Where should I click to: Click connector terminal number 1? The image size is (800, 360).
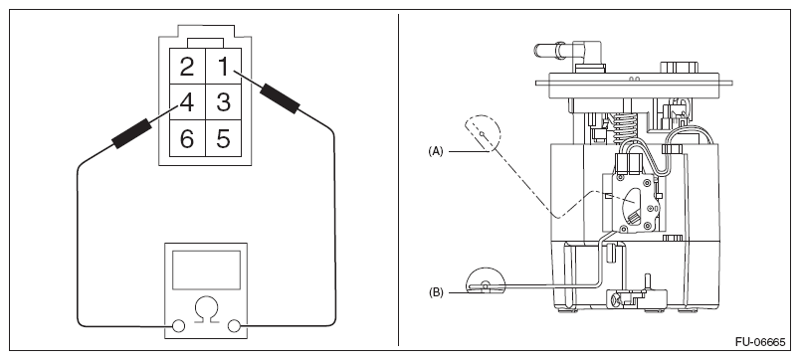click(223, 67)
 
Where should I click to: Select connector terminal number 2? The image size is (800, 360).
click(187, 67)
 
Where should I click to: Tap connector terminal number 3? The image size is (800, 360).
click(223, 102)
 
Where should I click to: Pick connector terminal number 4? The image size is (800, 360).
click(187, 102)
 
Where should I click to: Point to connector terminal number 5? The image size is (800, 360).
click(223, 138)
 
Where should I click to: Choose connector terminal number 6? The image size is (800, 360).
click(187, 138)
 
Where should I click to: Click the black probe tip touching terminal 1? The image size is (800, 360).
click(280, 98)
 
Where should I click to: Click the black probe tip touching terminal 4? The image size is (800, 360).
click(131, 133)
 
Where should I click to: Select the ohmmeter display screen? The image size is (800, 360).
click(206, 270)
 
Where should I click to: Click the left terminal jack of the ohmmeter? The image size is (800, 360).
click(178, 326)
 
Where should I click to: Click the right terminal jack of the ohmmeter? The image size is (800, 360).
click(234, 326)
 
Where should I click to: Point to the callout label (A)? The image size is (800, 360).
click(436, 151)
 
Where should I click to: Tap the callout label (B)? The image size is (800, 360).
click(436, 292)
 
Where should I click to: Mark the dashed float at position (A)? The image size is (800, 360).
click(483, 133)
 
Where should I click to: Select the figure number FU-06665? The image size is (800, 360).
click(760, 342)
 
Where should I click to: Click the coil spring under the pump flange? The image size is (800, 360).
click(625, 128)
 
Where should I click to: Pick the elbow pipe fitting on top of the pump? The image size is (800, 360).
click(566, 52)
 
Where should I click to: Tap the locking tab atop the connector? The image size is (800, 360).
click(205, 43)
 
